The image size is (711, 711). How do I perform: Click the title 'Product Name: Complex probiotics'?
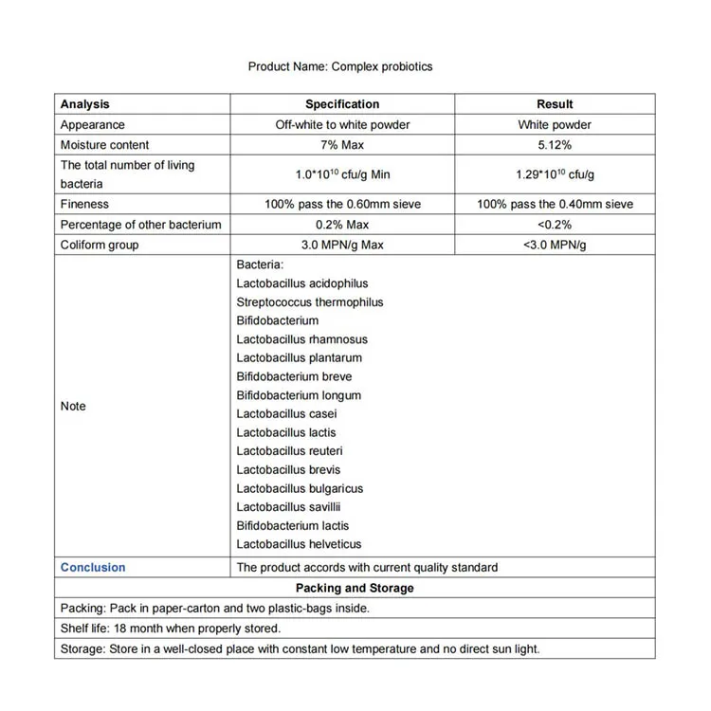pos(340,66)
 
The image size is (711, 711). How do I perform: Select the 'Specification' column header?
pos(342,104)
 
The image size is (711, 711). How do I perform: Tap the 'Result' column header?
pos(555,104)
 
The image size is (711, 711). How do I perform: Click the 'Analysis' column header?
pos(85,104)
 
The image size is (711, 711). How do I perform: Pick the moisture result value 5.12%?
pos(555,145)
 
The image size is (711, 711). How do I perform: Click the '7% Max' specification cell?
pos(342,145)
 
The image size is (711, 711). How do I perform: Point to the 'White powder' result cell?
pos(555,125)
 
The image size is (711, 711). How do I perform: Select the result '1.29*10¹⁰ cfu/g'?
pos(555,174)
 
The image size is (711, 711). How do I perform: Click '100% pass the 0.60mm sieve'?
pos(342,204)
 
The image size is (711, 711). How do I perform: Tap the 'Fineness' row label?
pos(85,204)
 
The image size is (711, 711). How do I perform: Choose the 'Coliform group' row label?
pos(100,245)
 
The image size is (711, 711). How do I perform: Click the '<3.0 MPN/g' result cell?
pos(555,245)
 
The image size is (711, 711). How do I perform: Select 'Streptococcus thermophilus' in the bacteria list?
pos(310,302)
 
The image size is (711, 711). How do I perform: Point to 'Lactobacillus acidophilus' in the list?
pos(302,283)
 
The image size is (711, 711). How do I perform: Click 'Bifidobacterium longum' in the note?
pos(299,395)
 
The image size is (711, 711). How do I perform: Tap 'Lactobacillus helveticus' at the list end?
pos(299,544)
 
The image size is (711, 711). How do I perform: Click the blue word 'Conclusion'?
pos(93,568)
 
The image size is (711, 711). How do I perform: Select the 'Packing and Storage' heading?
pos(355,588)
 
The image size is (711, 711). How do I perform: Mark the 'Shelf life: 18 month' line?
pos(171,629)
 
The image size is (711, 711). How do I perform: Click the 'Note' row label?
pos(73,406)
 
